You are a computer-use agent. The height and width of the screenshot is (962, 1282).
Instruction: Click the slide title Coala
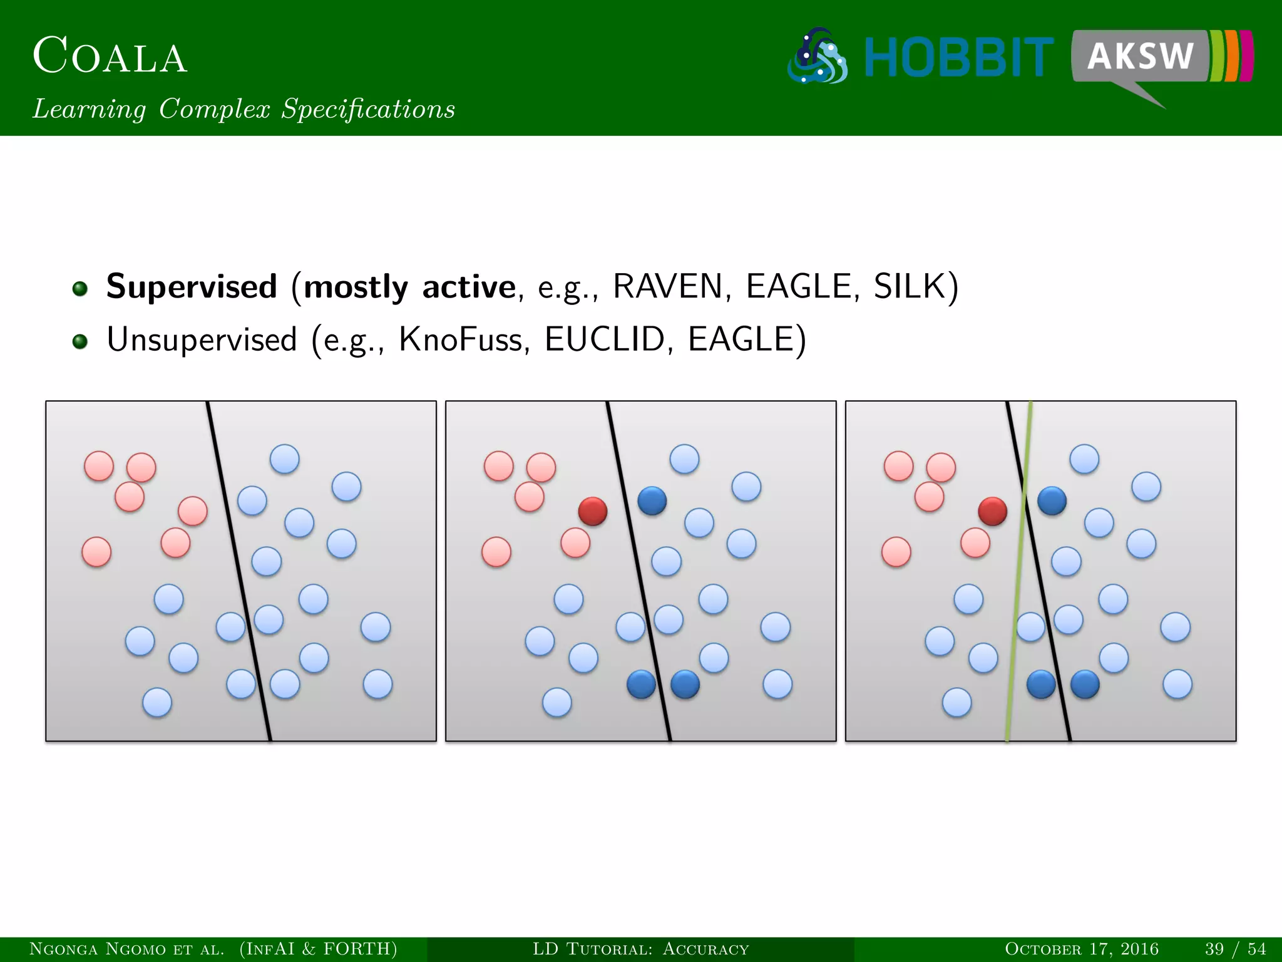[x=110, y=56]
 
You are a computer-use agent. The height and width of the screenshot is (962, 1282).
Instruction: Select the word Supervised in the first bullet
[x=192, y=287]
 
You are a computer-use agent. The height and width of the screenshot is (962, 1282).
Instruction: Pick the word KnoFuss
[x=460, y=340]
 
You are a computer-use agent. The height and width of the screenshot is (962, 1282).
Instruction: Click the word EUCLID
[x=604, y=340]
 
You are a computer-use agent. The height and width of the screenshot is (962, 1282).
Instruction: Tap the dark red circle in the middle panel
[x=593, y=511]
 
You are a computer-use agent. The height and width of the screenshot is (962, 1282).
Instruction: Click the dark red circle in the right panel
[x=993, y=511]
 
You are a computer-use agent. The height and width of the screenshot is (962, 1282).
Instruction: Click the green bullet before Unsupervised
[x=80, y=341]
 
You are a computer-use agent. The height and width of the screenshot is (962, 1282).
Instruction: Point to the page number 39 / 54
[x=1235, y=949]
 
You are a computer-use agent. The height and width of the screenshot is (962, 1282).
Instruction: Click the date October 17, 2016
[x=1082, y=949]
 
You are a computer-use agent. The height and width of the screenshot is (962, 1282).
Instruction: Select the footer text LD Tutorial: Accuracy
[x=640, y=949]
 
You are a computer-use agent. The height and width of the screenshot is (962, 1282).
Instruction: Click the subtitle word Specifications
[x=368, y=109]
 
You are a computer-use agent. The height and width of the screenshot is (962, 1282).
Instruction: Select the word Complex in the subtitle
[x=214, y=109]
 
